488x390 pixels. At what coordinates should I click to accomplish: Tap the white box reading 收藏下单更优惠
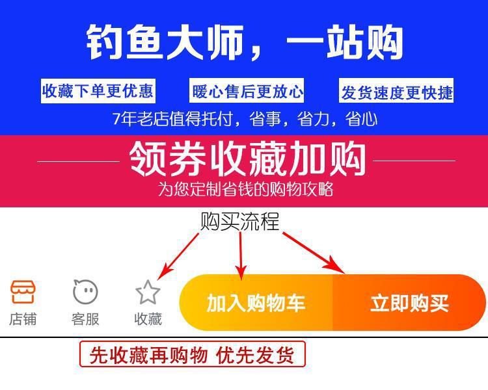tap(98, 91)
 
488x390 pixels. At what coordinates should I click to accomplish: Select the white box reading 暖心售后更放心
tap(247, 92)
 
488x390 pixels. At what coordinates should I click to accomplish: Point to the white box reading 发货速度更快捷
tap(396, 92)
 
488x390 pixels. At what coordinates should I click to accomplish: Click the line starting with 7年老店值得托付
tap(245, 119)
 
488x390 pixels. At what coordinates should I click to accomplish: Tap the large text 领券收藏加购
tap(247, 159)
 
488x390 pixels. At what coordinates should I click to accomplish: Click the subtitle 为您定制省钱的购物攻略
tap(245, 189)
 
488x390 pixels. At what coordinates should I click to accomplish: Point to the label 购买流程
tap(239, 222)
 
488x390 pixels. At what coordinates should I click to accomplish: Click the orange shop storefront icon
tap(23, 292)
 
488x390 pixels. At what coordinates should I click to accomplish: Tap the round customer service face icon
tap(85, 292)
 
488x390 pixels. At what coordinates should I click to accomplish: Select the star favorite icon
tap(148, 292)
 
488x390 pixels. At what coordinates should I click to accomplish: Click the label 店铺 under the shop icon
tap(23, 319)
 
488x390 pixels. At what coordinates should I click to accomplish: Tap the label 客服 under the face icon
tap(85, 319)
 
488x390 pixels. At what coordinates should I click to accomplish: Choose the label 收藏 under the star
tap(148, 319)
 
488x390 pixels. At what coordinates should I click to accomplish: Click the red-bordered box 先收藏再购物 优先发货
tap(192, 355)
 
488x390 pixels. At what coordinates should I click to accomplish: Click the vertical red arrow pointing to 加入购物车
tap(241, 255)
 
